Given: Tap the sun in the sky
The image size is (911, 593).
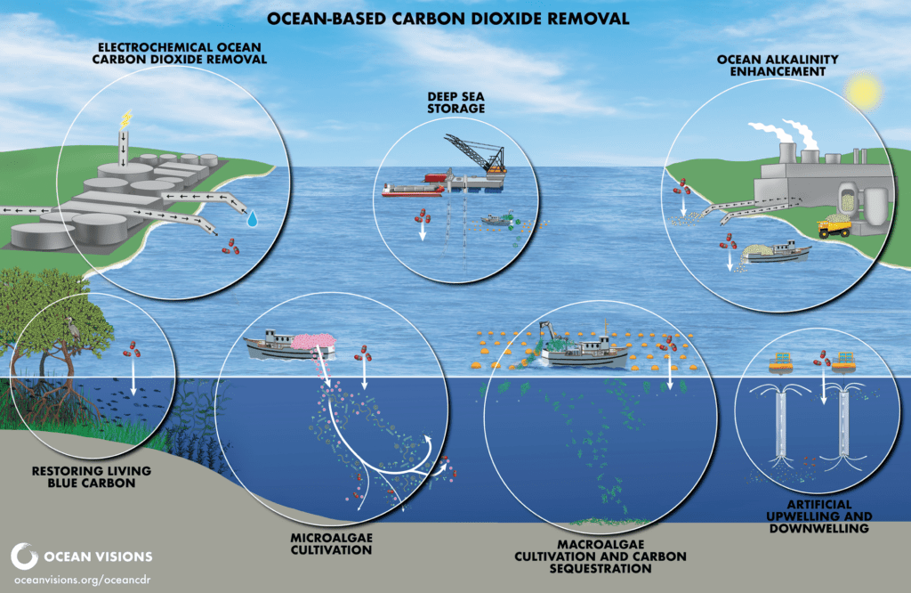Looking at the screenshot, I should pos(863,91).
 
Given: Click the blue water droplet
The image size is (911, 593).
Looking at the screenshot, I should pos(255,216).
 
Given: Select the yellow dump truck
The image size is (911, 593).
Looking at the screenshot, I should pos(835,229).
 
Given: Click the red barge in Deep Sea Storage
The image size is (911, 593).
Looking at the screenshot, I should pos(415,189).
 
